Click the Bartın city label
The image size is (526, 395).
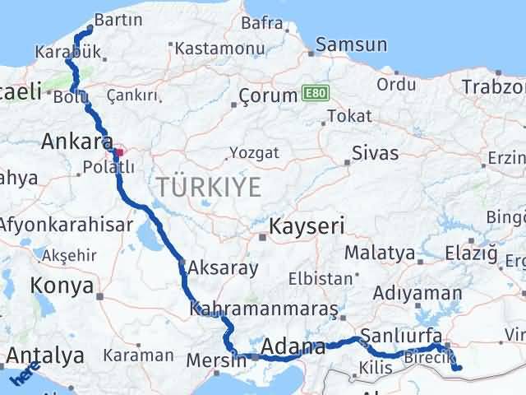pyautogui.click(x=118, y=19)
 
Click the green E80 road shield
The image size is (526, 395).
pyautogui.click(x=314, y=94)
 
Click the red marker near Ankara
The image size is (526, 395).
pyautogui.click(x=119, y=151)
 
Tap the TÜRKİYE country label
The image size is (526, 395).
pyautogui.click(x=210, y=187)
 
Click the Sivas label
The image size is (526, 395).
pyautogui.click(x=375, y=153)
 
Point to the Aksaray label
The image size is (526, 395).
pyautogui.click(x=223, y=267)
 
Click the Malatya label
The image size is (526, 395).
pyautogui.click(x=379, y=252)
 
